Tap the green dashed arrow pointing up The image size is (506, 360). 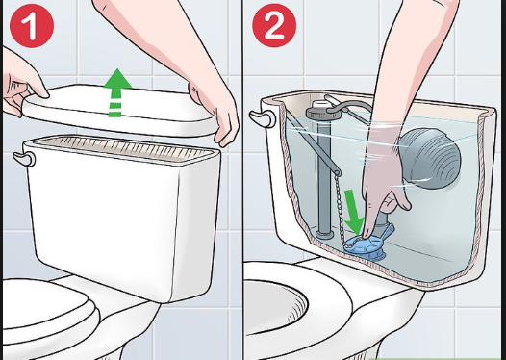[116, 91]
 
